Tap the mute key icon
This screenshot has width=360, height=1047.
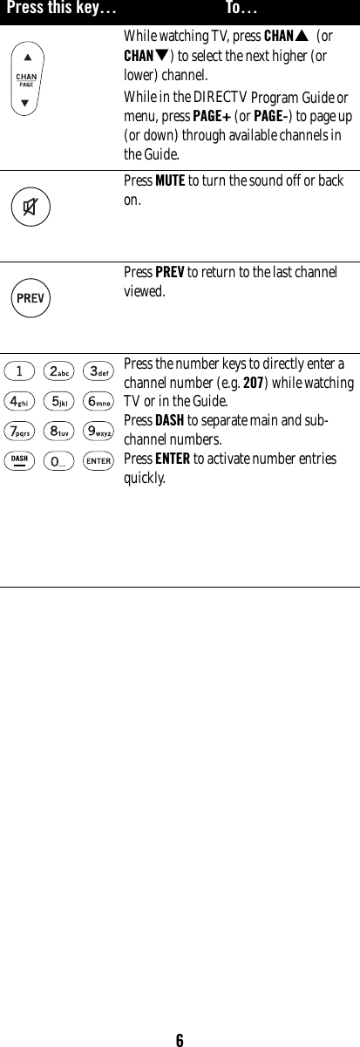(31, 207)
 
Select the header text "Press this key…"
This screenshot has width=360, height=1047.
(61, 9)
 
